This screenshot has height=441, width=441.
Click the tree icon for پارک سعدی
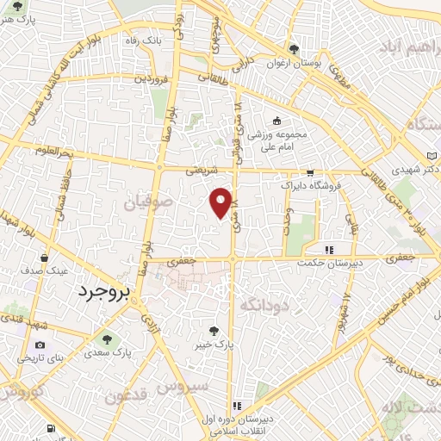(x=107, y=337)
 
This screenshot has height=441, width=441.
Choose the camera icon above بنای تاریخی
(x=40, y=345)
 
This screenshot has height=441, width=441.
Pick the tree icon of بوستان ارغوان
(x=295, y=49)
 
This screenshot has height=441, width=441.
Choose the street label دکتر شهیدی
(x=413, y=169)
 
